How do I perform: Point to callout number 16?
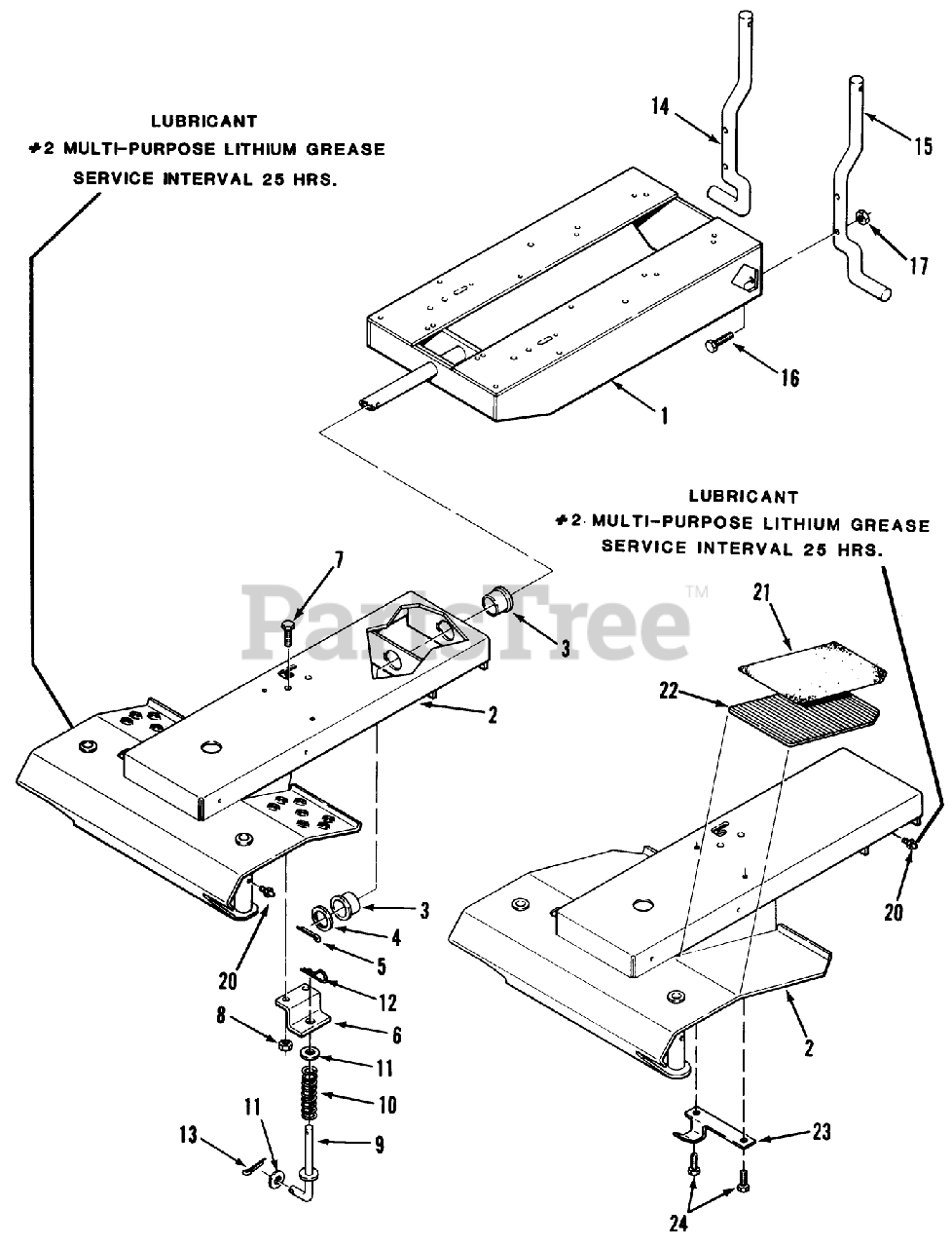click(x=789, y=377)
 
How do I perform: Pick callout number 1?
click(x=664, y=416)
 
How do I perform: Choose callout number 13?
click(x=188, y=1135)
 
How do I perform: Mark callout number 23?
click(x=821, y=1133)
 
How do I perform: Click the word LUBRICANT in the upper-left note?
click(x=204, y=122)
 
